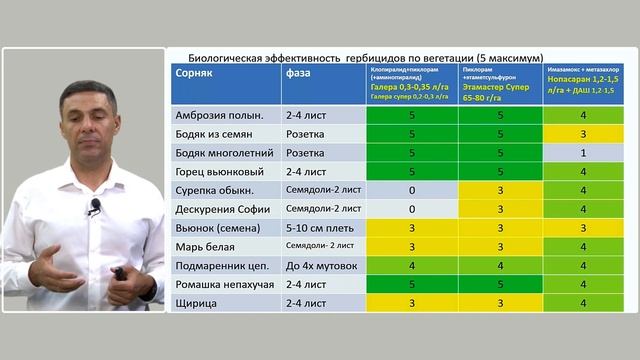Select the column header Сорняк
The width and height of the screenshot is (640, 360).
[x=193, y=73]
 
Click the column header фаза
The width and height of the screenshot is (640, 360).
[x=298, y=73]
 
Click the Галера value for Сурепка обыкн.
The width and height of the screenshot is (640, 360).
[x=412, y=190]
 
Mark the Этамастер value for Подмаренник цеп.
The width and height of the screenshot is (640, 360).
[x=500, y=265]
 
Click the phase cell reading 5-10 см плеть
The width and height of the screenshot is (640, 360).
[x=317, y=228]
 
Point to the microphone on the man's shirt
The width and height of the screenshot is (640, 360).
[x=95, y=207]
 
